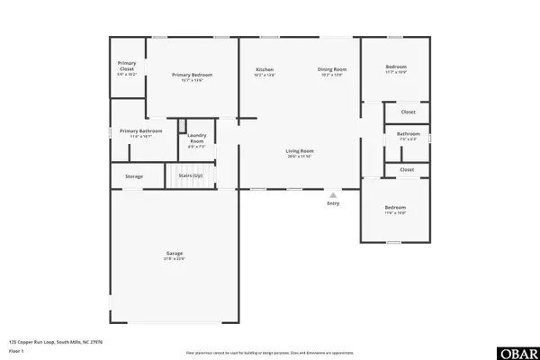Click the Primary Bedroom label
point(193,75)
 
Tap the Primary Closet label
point(127,66)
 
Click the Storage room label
point(134,176)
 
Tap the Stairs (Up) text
point(190,175)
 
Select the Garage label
point(174,254)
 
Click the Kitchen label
point(265,69)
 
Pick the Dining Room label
point(332,69)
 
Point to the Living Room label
point(299,150)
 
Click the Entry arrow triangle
point(333,194)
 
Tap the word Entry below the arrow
point(333,203)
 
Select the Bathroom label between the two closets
point(408,134)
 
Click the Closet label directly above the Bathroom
point(408,112)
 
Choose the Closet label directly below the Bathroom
point(407,169)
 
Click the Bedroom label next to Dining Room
point(396,67)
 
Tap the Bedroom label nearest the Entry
point(395,208)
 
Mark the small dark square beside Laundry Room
point(181,127)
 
